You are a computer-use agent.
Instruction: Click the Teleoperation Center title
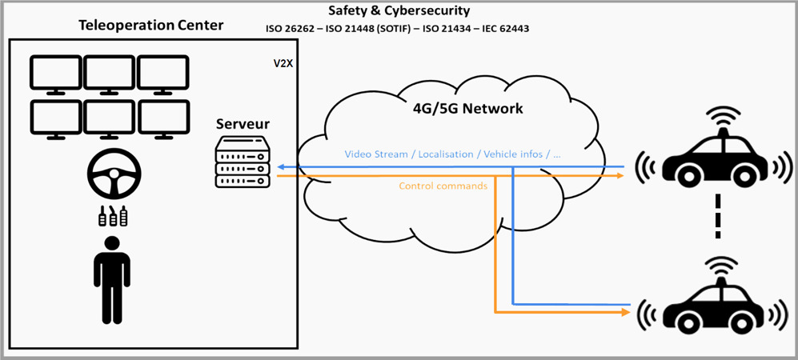point(151,26)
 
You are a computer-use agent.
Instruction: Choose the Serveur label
point(243,125)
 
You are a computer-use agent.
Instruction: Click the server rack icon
point(243,163)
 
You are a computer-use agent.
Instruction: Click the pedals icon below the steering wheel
point(114,217)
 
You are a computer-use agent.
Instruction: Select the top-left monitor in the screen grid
point(55,74)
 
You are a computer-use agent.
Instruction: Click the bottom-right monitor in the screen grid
point(163,119)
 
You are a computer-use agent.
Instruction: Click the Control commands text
point(443,186)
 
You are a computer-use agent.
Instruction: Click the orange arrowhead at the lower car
point(627,312)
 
